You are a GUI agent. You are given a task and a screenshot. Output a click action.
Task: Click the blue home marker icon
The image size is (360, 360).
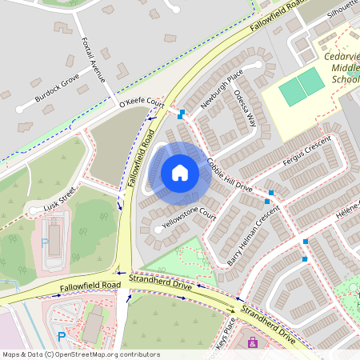point(180,172)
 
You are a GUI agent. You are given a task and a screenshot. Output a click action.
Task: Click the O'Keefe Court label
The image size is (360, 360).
point(141,104)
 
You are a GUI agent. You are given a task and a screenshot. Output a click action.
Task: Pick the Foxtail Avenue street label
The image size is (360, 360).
point(94,58)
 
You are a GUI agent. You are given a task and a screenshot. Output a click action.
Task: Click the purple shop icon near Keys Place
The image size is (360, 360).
point(254,342)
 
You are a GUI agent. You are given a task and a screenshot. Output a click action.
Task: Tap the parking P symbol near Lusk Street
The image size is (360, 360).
point(45,242)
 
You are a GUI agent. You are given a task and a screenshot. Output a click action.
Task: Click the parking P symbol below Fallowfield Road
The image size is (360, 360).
point(62,336)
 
